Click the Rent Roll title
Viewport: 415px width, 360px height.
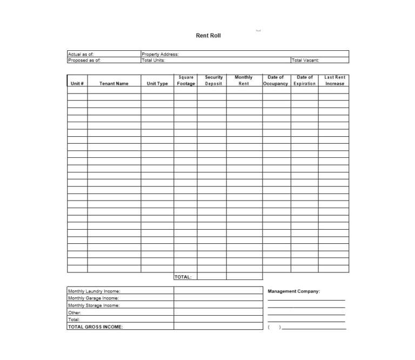click(x=208, y=36)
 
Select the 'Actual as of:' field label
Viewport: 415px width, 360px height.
click(x=81, y=54)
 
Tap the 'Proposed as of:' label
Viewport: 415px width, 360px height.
click(x=84, y=61)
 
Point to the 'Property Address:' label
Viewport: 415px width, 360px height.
click(x=160, y=54)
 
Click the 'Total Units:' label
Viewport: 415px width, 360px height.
click(x=153, y=61)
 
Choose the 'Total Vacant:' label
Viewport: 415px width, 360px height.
click(x=305, y=61)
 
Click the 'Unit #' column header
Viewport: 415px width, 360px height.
click(x=77, y=84)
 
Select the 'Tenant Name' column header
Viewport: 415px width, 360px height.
click(x=114, y=84)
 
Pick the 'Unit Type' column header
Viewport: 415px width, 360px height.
click(x=157, y=84)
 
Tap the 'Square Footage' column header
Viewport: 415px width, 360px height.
click(x=186, y=81)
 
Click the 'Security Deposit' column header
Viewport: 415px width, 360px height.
click(x=213, y=81)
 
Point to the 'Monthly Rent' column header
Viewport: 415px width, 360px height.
click(x=244, y=81)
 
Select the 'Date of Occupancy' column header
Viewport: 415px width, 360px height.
click(x=276, y=81)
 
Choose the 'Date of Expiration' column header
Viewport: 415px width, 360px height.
click(x=305, y=81)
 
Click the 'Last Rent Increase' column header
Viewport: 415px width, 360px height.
click(x=334, y=81)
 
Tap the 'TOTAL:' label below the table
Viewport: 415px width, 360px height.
click(x=183, y=277)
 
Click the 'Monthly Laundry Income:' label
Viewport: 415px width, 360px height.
click(x=94, y=291)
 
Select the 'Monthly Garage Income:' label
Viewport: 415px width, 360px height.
click(x=93, y=298)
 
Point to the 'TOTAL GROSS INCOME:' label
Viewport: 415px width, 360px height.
click(x=95, y=326)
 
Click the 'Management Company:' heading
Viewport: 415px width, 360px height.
click(x=294, y=291)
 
